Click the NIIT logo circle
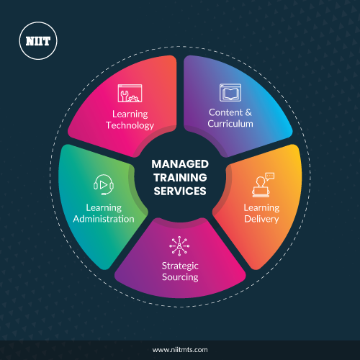tap(38, 41)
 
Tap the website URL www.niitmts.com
tap(180, 350)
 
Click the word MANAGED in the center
tap(180, 164)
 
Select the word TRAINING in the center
tap(180, 178)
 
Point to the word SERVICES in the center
tap(180, 192)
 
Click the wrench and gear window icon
tap(130, 93)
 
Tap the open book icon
tap(230, 92)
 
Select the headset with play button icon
tap(104, 185)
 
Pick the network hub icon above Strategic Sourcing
tap(179, 246)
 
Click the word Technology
tap(130, 125)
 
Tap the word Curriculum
tap(230, 124)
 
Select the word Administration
tap(104, 219)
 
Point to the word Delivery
tap(261, 219)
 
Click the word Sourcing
tap(180, 277)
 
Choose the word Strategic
tap(180, 266)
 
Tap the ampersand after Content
tap(248, 112)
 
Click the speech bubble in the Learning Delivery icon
tap(270, 176)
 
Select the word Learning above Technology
tap(130, 114)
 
